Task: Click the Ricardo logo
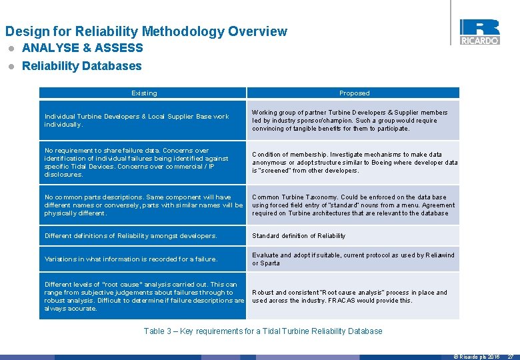(479, 31)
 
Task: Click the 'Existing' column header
(144, 93)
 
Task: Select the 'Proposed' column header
(353, 93)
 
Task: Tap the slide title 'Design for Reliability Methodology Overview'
(146, 31)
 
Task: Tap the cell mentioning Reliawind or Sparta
(353, 259)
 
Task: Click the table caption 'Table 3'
(263, 331)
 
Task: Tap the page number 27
(511, 357)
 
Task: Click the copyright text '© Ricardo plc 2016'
(477, 357)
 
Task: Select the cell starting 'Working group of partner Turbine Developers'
(353, 121)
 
